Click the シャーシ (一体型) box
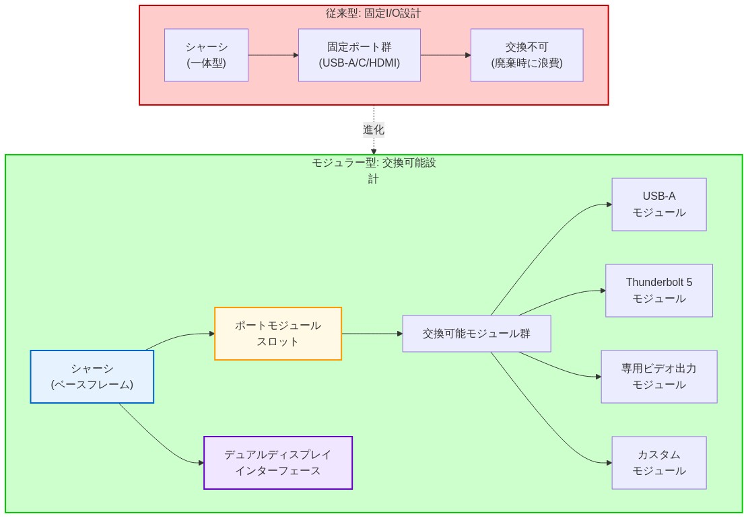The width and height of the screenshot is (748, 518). (x=206, y=55)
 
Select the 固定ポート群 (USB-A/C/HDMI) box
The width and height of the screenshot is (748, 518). (x=359, y=55)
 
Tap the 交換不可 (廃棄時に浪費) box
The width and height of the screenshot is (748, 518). (x=526, y=55)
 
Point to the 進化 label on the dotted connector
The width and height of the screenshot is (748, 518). (x=374, y=130)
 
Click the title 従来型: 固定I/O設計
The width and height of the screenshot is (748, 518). (x=374, y=13)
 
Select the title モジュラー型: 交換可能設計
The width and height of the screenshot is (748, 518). (x=374, y=163)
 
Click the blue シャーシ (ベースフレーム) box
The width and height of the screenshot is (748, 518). (x=92, y=377)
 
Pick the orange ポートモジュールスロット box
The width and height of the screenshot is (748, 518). (x=277, y=334)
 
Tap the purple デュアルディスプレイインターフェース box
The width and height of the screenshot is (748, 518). (x=277, y=463)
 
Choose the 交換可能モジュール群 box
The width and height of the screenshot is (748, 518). (x=476, y=334)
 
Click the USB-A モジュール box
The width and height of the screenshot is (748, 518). (x=658, y=205)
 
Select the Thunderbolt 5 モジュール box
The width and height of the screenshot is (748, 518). (x=658, y=291)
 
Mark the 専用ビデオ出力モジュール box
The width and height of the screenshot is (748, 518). (x=658, y=377)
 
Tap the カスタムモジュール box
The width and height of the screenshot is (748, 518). (x=658, y=463)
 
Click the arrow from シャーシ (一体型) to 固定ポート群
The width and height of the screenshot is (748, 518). (x=273, y=55)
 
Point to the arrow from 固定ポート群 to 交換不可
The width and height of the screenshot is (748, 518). (x=445, y=55)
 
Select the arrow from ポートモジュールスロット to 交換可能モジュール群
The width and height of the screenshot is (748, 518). (x=372, y=334)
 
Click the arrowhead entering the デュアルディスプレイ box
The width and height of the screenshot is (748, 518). (x=201, y=463)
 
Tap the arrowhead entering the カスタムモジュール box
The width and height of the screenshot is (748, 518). (x=609, y=463)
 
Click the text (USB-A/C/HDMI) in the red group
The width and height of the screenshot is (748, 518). (x=359, y=63)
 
